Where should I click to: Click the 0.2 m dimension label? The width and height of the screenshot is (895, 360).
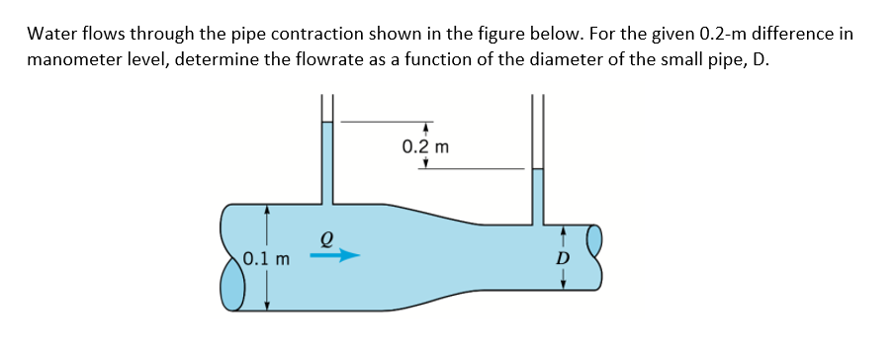tap(426, 147)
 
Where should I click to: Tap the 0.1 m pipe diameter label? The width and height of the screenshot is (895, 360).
tap(267, 261)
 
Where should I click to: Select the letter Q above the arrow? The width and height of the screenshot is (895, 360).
tap(322, 237)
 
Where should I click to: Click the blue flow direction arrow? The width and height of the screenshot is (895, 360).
tap(333, 256)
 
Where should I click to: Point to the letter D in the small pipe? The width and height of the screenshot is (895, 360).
tap(564, 258)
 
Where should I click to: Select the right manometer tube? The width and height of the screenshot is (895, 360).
tap(538, 188)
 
